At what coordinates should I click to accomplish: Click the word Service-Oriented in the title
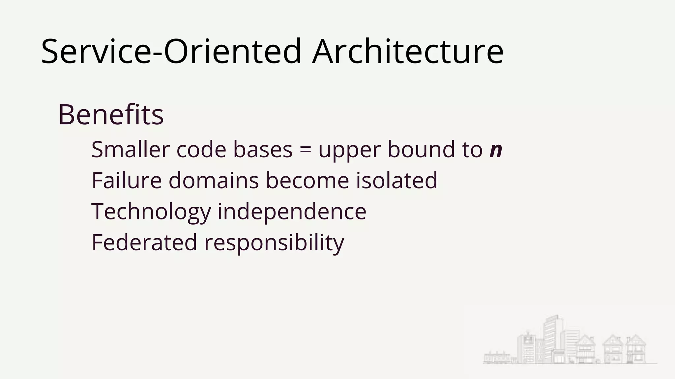[171, 52]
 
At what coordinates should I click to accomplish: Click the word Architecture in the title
[408, 52]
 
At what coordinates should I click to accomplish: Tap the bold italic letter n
[496, 150]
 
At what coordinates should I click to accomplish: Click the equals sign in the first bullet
[306, 150]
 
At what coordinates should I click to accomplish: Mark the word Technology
[151, 212]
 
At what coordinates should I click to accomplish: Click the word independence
[292, 212]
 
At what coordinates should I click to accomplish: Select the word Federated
[144, 242]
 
